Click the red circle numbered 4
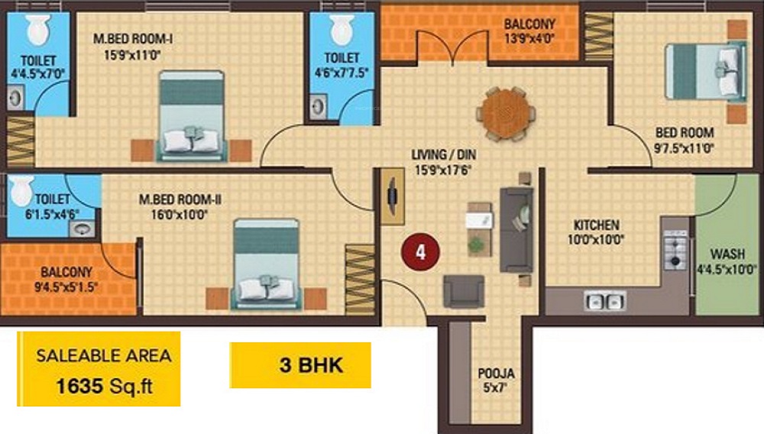[x=420, y=252]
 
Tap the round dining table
[x=505, y=114]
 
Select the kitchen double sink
[x=604, y=301]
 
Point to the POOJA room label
[x=496, y=374]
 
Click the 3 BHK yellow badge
[x=300, y=365]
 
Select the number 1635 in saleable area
[x=79, y=387]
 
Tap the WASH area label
[x=727, y=254]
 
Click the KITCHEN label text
[x=597, y=225]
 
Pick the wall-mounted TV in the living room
[x=392, y=196]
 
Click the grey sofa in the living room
[x=516, y=229]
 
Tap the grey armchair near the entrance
[x=464, y=291]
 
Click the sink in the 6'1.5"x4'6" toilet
[x=82, y=228]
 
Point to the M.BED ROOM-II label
[x=180, y=199]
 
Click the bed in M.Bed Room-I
[x=192, y=116]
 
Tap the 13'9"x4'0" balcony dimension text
[x=529, y=38]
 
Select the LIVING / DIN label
[x=443, y=155]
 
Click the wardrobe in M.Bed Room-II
[x=360, y=279]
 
